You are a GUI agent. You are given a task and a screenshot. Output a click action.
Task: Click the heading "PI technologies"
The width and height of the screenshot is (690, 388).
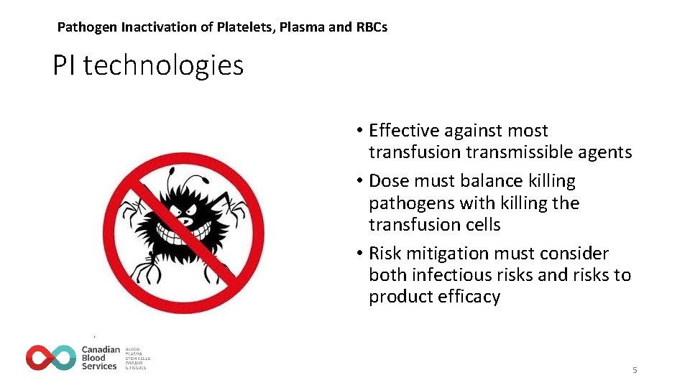coord(148,66)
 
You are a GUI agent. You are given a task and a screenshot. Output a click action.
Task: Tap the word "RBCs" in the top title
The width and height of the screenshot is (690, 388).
coord(371,27)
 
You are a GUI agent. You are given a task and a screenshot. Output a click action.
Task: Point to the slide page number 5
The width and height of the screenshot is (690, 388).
coord(635,370)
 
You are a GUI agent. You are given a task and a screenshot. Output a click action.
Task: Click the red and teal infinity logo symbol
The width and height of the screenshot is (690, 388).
coord(51,357)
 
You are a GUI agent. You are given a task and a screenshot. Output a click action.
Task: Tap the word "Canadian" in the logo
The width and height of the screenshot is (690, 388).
coord(100,349)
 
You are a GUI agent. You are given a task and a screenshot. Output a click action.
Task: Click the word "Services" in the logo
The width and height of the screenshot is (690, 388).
coord(98,366)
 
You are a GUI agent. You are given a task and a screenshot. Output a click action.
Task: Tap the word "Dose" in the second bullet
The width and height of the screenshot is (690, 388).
coord(389,181)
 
